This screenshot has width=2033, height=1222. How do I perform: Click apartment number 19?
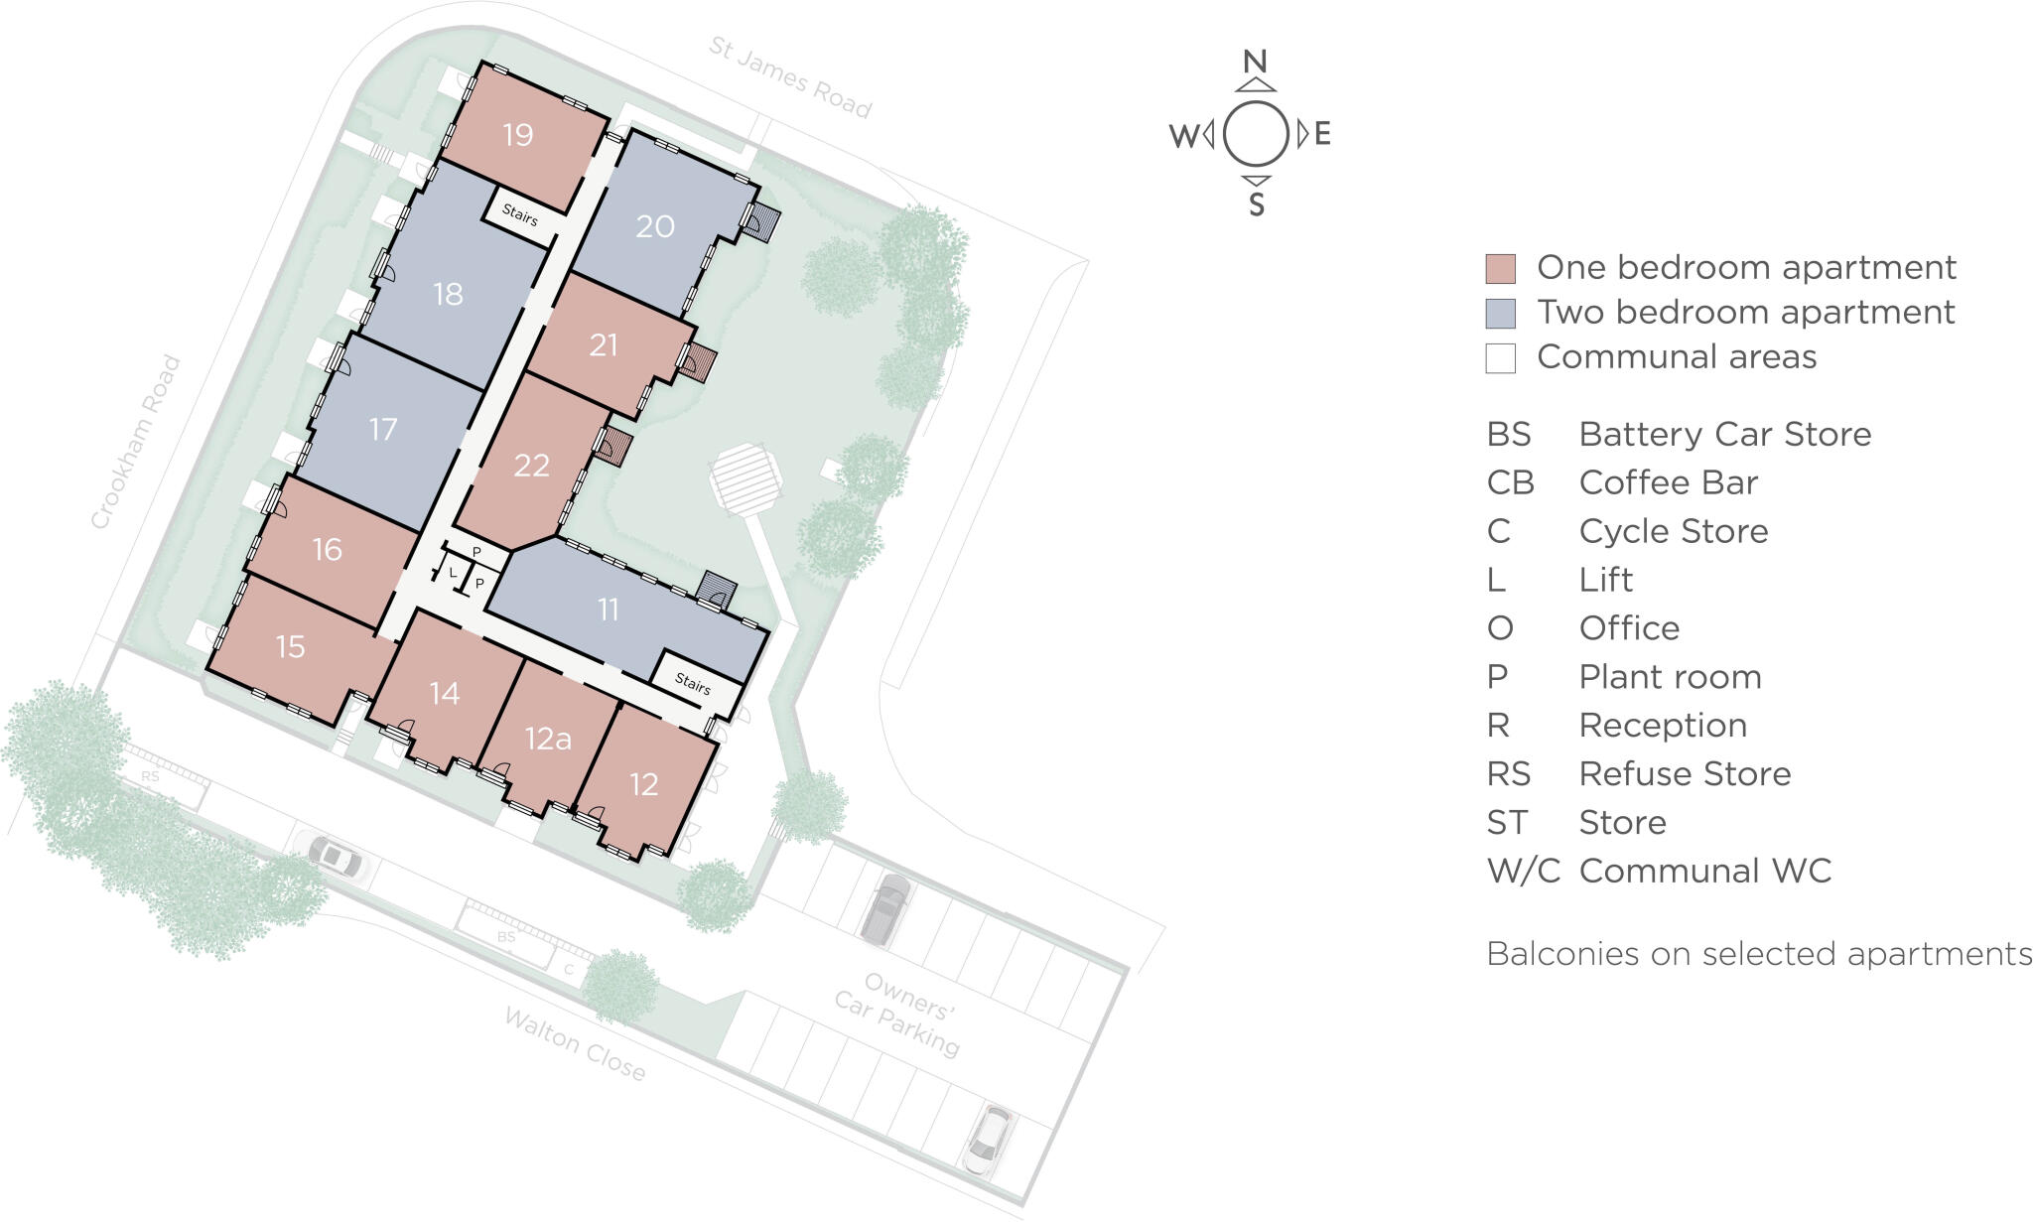518,135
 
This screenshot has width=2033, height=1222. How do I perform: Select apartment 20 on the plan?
655,226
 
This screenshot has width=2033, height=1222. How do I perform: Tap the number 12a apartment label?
548,739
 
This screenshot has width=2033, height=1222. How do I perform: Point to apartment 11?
609,609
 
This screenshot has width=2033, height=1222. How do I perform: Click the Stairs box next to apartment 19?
521,214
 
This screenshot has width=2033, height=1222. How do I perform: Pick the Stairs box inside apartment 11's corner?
694,683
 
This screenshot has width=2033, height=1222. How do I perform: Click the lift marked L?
454,573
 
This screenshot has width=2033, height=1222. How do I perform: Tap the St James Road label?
790,76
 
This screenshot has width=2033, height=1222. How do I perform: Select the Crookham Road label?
136,443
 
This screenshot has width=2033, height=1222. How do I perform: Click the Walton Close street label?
575,1044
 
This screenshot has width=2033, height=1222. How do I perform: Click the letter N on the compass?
1256,62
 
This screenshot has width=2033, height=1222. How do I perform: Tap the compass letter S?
1257,204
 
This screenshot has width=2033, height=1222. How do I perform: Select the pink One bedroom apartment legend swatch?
1500,268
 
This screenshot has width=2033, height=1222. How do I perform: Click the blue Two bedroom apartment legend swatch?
1500,313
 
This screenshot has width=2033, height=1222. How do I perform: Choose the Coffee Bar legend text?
1668,482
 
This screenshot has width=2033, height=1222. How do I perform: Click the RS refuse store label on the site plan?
149,776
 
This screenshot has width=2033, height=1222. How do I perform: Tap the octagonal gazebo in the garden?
746,478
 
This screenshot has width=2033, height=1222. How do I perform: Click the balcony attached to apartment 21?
702,363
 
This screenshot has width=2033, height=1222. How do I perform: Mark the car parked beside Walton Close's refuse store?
335,855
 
